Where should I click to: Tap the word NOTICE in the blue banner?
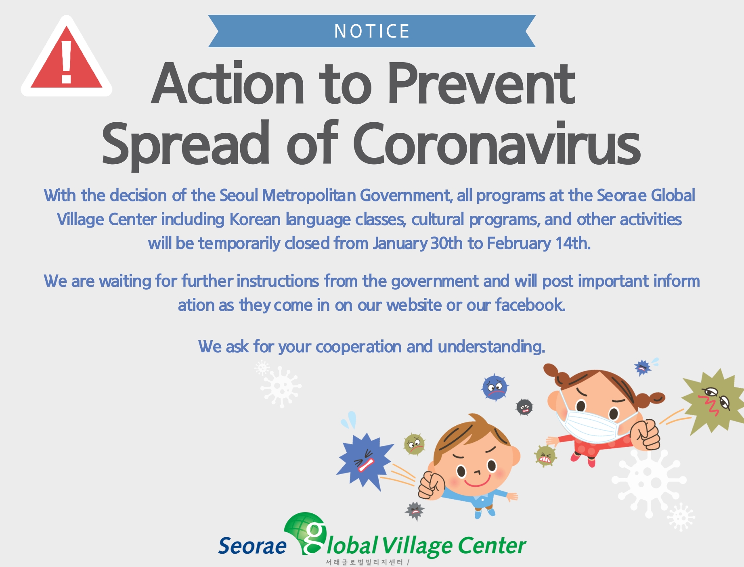(x=372, y=31)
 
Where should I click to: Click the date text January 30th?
(x=418, y=243)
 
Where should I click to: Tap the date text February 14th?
(x=539, y=243)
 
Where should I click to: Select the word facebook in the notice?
(x=530, y=305)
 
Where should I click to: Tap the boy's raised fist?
(x=431, y=485)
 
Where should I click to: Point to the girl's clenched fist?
(x=645, y=434)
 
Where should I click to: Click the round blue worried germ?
(x=495, y=387)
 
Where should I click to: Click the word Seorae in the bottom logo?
(x=252, y=546)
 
